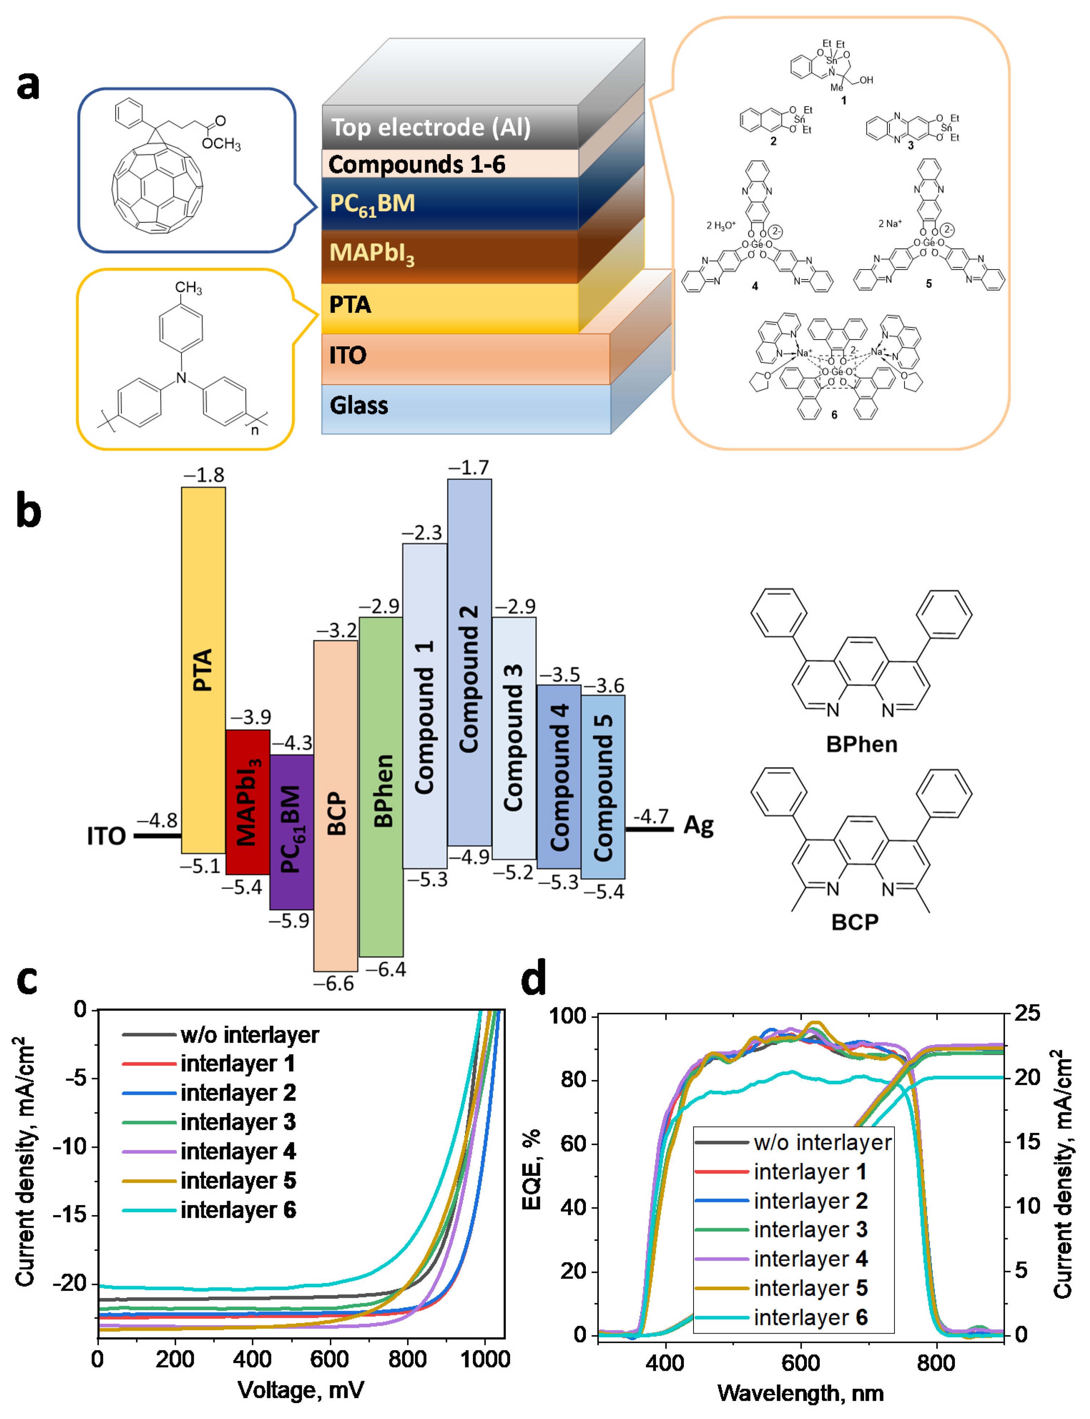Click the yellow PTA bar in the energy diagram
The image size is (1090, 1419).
click(203, 670)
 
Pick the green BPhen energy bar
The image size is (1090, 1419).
click(381, 786)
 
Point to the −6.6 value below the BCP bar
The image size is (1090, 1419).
click(334, 984)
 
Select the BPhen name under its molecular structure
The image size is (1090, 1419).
click(862, 744)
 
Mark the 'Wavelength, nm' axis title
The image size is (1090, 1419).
click(801, 1393)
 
